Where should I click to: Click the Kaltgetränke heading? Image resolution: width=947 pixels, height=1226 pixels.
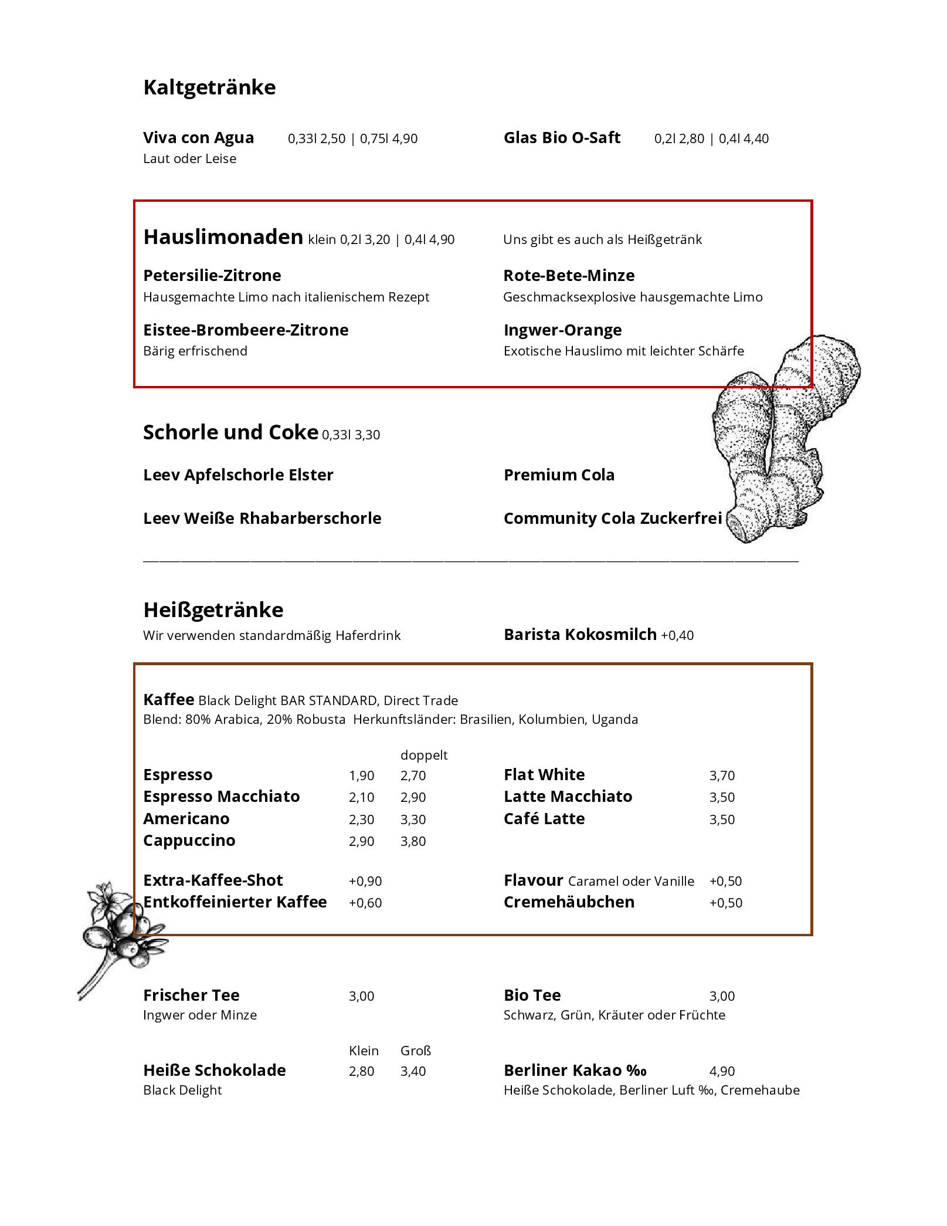[x=209, y=87]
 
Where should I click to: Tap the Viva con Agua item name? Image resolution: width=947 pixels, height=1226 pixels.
[x=198, y=138]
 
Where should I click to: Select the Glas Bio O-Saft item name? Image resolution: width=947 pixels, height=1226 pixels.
[x=562, y=138]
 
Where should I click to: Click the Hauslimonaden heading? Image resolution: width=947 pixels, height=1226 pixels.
[x=223, y=237]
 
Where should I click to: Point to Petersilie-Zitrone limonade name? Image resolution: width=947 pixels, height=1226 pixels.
[x=212, y=275]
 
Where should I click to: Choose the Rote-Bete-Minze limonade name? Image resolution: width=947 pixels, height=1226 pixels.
[x=569, y=275]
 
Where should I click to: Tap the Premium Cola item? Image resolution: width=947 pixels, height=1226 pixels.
[x=559, y=475]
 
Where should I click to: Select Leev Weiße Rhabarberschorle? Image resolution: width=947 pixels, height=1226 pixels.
[x=262, y=518]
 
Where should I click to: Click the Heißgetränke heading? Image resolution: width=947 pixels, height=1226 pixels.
[x=213, y=610]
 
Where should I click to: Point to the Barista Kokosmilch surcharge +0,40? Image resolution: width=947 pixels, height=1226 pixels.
[x=677, y=635]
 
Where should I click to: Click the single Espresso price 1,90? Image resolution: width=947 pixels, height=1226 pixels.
[x=361, y=775]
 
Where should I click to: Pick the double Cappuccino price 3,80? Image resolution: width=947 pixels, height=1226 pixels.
[x=413, y=841]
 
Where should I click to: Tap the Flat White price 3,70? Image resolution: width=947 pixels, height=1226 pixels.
[x=722, y=775]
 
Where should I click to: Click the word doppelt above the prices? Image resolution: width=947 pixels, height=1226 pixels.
[x=424, y=755]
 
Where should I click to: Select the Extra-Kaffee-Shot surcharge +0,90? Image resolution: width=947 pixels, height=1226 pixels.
[x=365, y=881]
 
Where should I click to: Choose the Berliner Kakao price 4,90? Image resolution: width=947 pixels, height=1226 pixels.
[x=722, y=1071]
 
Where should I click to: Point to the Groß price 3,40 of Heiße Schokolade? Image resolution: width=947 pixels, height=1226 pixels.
[x=413, y=1071]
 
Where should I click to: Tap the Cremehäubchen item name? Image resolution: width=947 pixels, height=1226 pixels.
[x=569, y=902]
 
